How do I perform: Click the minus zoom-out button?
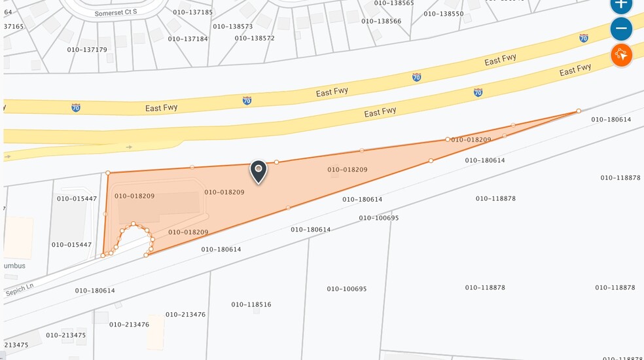pos(621,29)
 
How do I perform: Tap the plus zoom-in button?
pos(621,4)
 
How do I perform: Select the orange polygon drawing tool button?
pos(621,55)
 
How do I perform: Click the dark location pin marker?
pos(259,171)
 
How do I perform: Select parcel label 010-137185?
pos(193,12)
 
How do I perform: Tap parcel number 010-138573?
pos(232,26)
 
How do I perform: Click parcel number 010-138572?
pos(255,38)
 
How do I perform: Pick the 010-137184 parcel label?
pos(188,39)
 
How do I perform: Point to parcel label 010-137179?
pos(87,49)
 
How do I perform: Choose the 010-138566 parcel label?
pos(382,21)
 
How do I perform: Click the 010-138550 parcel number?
pos(444,14)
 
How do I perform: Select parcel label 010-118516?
pos(251,304)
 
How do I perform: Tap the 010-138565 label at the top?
pos(394,3)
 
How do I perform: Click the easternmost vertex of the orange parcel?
pos(579,111)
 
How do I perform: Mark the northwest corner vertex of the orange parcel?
pos(107,173)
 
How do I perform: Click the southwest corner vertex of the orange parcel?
pos(103,255)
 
